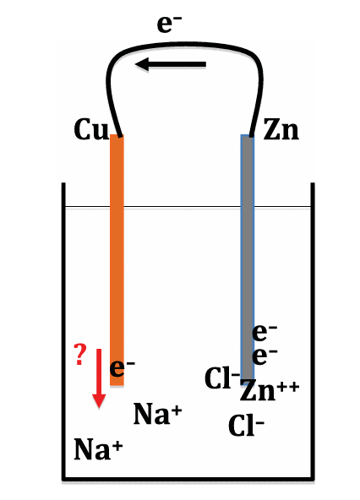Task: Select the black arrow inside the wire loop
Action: (171, 64)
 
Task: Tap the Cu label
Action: (91, 129)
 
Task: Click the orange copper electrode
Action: (117, 260)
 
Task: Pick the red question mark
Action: (80, 354)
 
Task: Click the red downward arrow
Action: (99, 378)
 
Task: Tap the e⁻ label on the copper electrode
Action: (123, 368)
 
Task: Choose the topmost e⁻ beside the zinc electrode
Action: (265, 332)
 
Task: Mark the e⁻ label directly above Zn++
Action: (265, 356)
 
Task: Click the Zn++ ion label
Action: (270, 390)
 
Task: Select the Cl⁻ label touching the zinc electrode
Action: (222, 378)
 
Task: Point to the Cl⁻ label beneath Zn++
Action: (246, 426)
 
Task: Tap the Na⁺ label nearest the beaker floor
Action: (98, 448)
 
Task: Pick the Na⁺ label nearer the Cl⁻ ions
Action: (158, 414)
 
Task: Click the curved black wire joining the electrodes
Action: (185, 43)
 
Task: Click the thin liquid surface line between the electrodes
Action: (183, 207)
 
